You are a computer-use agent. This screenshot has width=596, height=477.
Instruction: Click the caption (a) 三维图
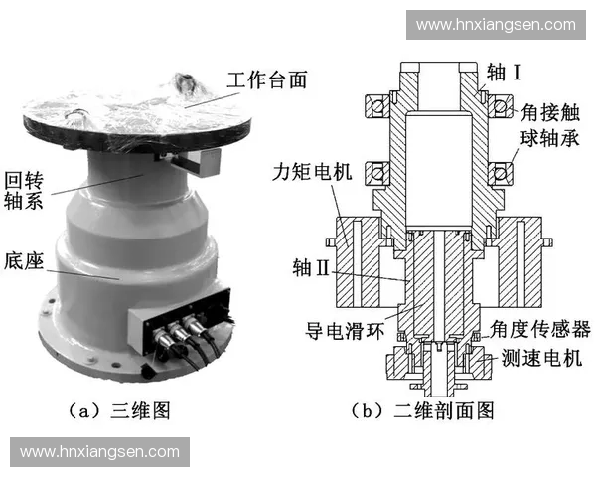(124, 408)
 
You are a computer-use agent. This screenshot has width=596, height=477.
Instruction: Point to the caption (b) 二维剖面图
(423, 408)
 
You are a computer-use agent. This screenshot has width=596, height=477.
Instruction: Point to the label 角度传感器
(542, 328)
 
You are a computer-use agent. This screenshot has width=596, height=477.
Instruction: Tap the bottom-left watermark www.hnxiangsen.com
(98, 452)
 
